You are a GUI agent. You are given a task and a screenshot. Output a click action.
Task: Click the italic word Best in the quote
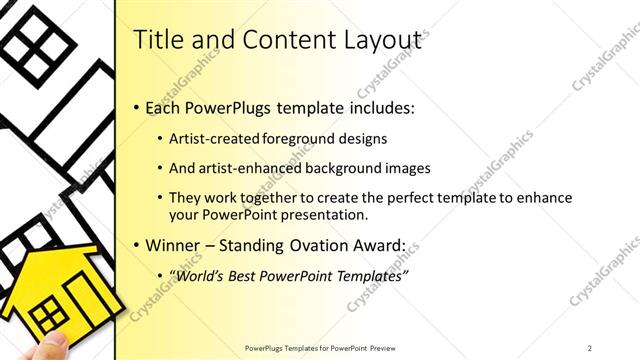[x=249, y=275]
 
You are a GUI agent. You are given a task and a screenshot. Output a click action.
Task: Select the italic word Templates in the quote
[x=367, y=275]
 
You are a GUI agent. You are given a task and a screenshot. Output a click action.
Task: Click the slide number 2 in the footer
[x=590, y=347]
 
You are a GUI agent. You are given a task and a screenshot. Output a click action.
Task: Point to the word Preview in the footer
[x=391, y=347]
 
